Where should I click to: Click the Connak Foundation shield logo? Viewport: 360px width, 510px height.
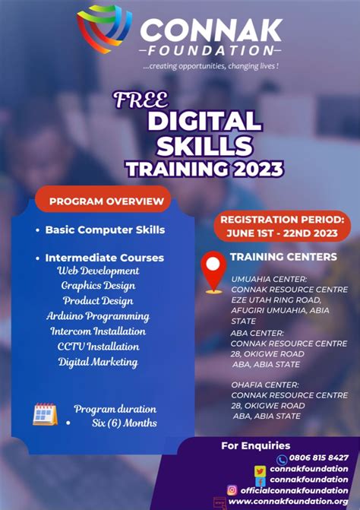pyautogui.click(x=105, y=29)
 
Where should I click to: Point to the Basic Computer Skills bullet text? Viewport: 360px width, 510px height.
pyautogui.click(x=105, y=229)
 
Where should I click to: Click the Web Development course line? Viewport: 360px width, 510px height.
pyautogui.click(x=98, y=271)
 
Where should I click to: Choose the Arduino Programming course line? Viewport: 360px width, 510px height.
pyautogui.click(x=97, y=316)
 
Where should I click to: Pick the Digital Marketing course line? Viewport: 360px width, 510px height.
pyautogui.click(x=98, y=362)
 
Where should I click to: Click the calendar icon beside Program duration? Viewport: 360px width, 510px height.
pyautogui.click(x=45, y=414)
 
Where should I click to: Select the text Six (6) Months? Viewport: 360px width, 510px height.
pyautogui.click(x=115, y=423)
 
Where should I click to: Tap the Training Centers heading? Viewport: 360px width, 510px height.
pyautogui.click(x=283, y=257)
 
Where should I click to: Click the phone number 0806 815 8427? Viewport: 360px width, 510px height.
pyautogui.click(x=318, y=458)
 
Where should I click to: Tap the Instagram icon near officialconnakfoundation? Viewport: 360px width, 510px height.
pyautogui.click(x=232, y=490)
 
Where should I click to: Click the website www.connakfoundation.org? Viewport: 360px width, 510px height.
pyautogui.click(x=288, y=502)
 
